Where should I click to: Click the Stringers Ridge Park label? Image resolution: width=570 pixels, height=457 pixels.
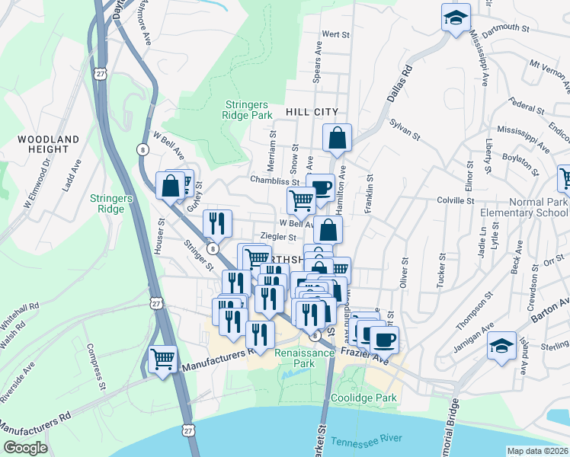248,110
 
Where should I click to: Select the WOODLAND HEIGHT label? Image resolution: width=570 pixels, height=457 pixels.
48,145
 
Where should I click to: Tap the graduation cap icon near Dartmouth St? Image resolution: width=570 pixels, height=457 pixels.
456,18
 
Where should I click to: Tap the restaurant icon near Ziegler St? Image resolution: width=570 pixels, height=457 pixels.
217,222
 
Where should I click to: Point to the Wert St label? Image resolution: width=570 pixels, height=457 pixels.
335,34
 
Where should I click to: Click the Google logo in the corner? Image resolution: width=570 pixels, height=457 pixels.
24,448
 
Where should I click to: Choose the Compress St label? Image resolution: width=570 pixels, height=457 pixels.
95,366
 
